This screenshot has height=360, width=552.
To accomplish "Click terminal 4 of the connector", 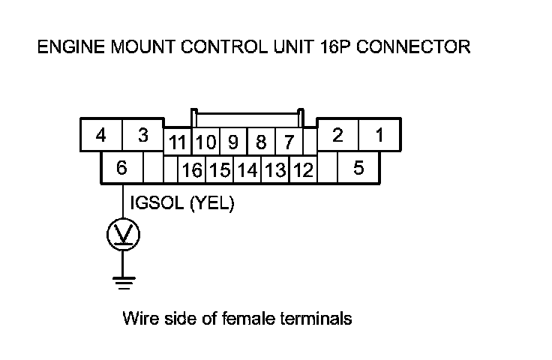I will pos(100,136).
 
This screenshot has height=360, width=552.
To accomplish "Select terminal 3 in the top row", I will pos(143,136).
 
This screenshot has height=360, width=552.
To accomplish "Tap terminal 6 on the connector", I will pos(121,169).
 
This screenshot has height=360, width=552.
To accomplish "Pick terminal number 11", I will pos(178,142).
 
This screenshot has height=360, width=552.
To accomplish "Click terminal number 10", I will pos(206,142).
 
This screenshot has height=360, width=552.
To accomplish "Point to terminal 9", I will pos(233,142).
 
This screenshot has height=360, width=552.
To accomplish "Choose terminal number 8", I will pos(261,142).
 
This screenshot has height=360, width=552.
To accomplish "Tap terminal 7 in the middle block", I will pos(288,142).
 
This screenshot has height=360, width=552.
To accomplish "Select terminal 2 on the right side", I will pos(338,135).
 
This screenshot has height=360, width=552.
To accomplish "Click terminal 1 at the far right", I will pos(379,135).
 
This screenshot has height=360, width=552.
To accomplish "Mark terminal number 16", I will pos(192,170).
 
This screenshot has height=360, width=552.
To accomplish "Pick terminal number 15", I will pos(220,170).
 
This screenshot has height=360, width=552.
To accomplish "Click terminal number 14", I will pos(247,170).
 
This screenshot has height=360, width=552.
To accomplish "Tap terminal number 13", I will pos(275,170).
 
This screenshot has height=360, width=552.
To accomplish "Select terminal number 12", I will pos(303,170).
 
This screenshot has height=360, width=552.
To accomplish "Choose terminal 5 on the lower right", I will pos(358,169).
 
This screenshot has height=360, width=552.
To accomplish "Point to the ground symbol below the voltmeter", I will pos(123,283).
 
